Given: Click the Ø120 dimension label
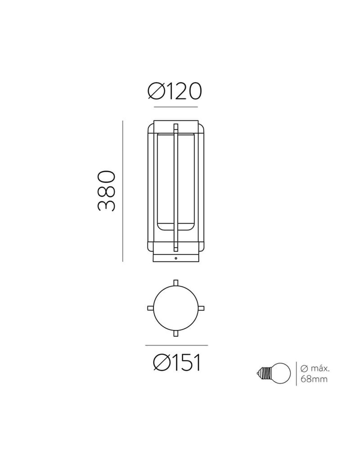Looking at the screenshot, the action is [x=174, y=91].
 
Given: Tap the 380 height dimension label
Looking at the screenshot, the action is [x=106, y=191].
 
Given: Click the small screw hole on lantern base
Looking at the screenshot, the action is [x=176, y=258].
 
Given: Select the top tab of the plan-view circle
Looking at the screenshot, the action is [x=176, y=283].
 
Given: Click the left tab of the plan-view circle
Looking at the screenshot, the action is [x=151, y=308].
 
